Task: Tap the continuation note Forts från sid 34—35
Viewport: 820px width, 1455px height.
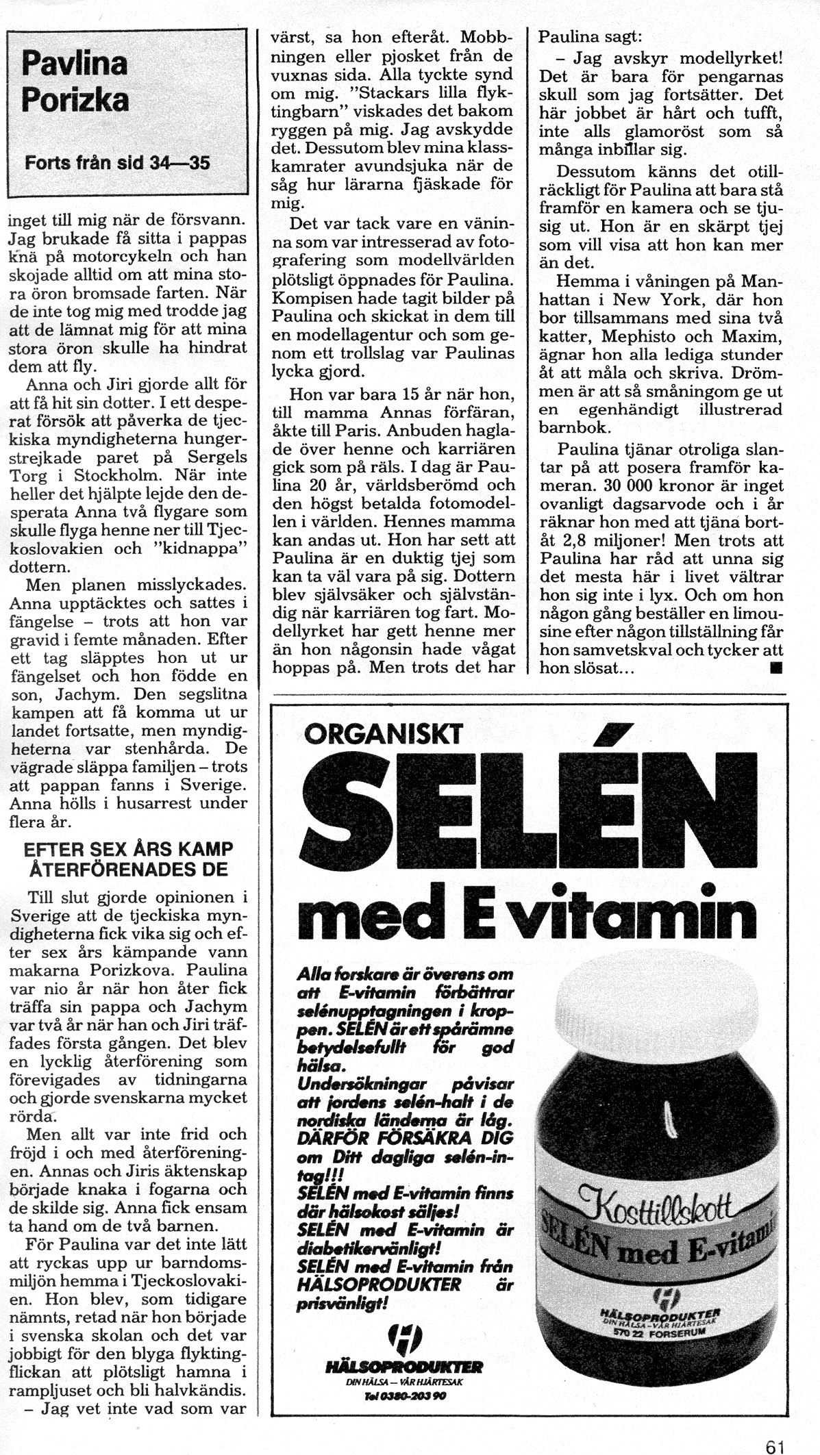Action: [x=117, y=164]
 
